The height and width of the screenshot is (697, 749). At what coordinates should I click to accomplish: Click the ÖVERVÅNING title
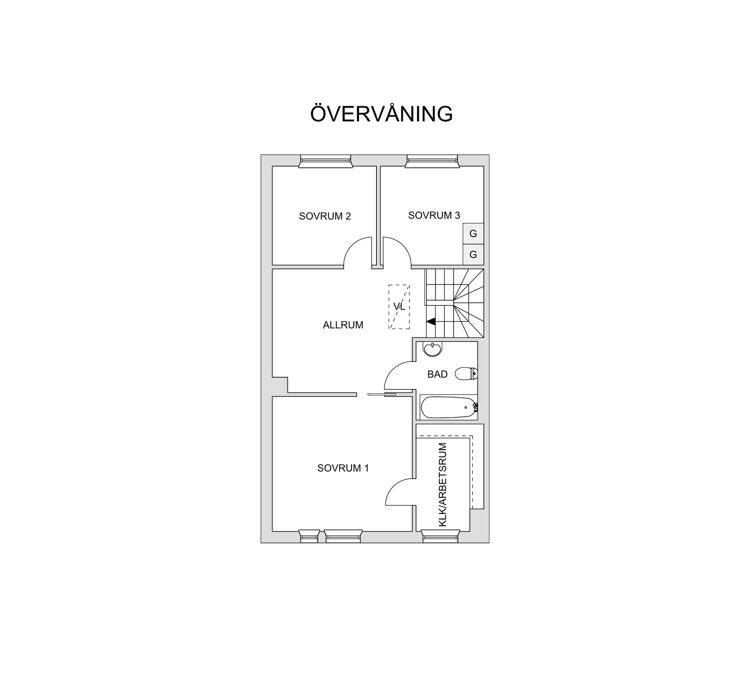click(381, 114)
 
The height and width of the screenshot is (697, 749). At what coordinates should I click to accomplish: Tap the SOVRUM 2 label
click(325, 216)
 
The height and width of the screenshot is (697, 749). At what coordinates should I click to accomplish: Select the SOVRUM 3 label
click(434, 215)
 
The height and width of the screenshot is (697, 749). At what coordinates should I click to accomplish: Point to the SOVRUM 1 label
click(343, 468)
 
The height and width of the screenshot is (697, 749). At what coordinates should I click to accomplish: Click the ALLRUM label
click(343, 325)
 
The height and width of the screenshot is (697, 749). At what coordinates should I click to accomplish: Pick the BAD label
click(437, 374)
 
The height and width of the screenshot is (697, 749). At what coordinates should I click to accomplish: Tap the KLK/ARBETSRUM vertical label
click(443, 484)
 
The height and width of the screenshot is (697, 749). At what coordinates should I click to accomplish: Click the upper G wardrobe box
click(473, 234)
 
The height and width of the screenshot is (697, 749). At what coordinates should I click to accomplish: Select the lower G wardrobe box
click(473, 255)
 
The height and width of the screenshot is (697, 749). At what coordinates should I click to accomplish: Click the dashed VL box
click(399, 307)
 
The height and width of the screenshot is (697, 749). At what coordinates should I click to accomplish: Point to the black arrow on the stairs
click(431, 322)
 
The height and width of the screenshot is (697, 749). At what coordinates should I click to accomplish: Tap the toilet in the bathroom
click(467, 374)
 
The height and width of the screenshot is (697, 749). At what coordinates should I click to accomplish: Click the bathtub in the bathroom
click(449, 407)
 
